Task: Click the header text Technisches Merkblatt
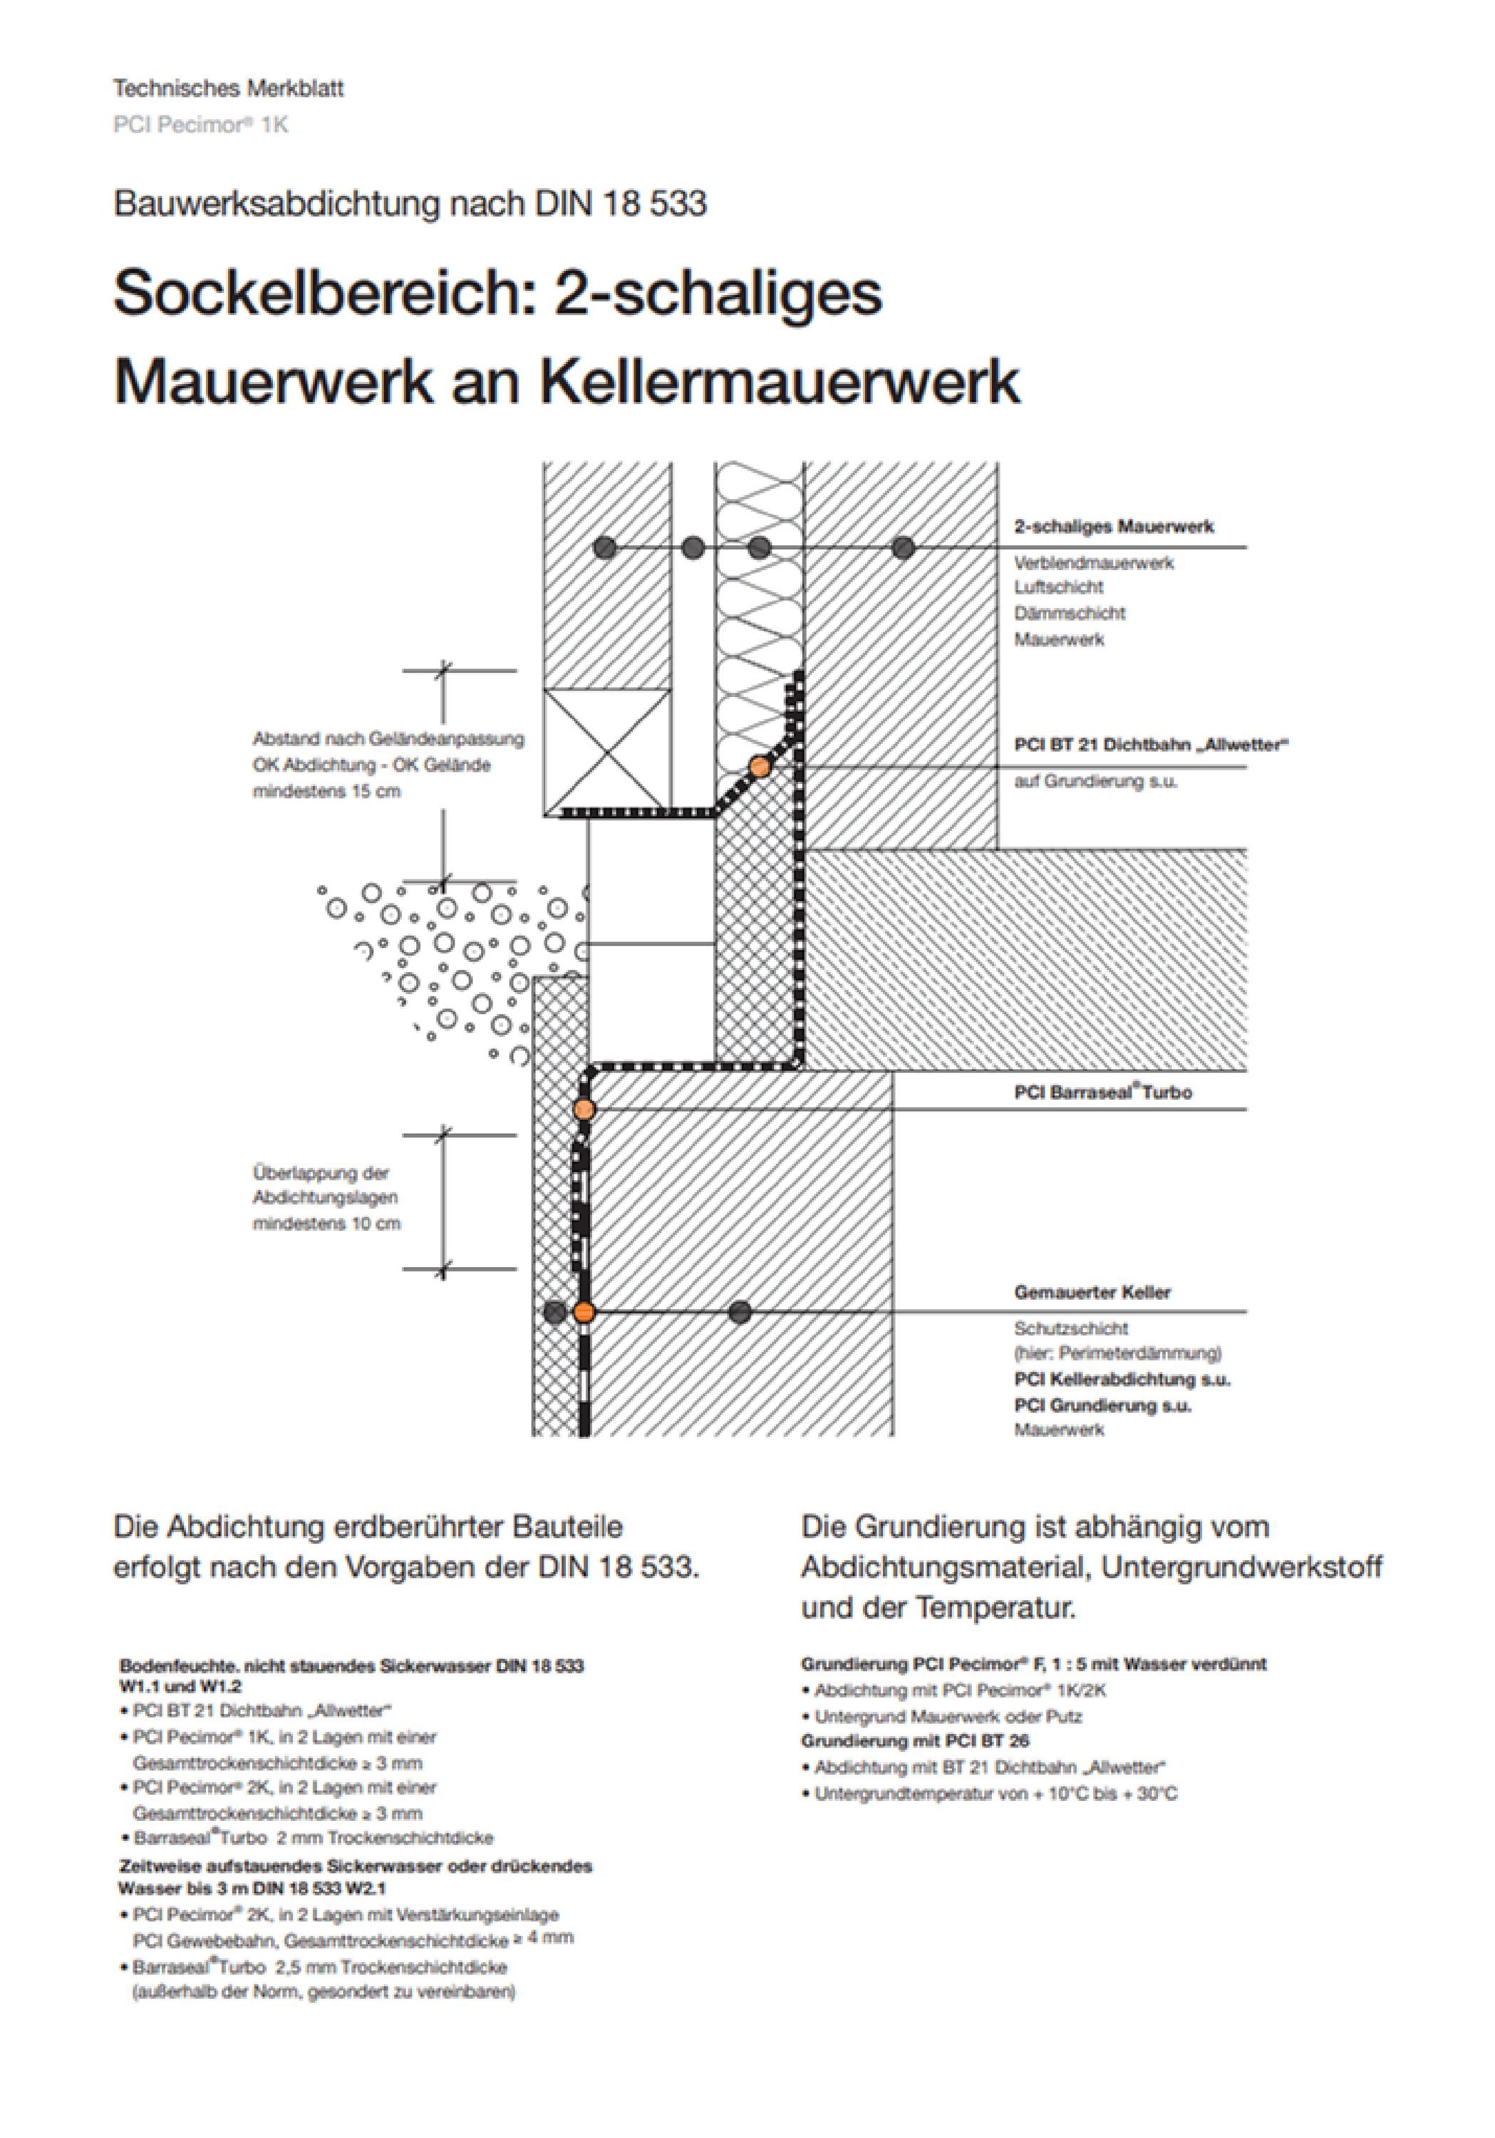(228, 89)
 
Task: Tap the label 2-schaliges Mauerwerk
(1113, 527)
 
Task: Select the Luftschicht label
(1058, 587)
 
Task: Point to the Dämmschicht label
(1070, 614)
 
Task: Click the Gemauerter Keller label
(1092, 1293)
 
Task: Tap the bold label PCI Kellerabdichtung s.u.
(1122, 1379)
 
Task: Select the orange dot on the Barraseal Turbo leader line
(584, 1108)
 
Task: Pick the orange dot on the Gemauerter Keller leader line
(584, 1312)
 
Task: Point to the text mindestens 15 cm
(327, 792)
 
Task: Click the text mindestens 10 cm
(327, 1224)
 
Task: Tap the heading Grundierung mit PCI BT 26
(915, 1740)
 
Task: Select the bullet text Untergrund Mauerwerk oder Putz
(948, 1716)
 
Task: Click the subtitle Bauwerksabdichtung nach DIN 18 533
(410, 204)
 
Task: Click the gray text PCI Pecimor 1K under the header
(200, 124)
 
